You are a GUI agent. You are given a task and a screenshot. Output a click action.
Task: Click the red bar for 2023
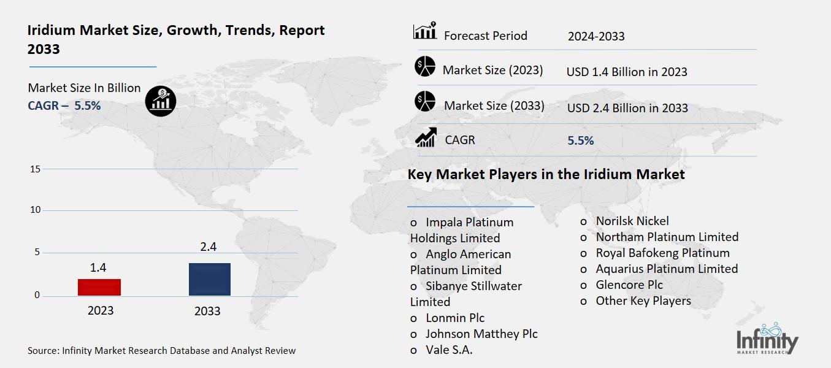[100, 287]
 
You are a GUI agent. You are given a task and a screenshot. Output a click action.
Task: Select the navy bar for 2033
[210, 279]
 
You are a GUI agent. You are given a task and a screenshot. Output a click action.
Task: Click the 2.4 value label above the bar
[209, 247]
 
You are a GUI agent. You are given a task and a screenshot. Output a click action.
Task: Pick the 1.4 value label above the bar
[98, 267]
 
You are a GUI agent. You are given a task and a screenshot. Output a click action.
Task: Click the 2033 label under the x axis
[207, 311]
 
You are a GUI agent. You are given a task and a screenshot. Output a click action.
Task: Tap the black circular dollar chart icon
[161, 101]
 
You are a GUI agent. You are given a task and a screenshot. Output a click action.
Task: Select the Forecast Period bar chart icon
[425, 31]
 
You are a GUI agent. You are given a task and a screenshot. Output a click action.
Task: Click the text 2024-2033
[596, 36]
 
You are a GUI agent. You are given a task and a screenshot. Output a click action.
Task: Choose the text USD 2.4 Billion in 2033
[627, 108]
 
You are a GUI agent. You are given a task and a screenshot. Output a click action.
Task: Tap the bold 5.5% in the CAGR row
[581, 140]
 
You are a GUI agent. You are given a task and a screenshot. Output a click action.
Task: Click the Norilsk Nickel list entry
[632, 221]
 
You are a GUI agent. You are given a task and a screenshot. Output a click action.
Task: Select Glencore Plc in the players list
[629, 285]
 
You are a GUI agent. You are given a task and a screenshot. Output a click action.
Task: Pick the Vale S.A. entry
[449, 350]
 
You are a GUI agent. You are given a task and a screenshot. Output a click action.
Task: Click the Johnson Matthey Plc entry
[481, 334]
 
